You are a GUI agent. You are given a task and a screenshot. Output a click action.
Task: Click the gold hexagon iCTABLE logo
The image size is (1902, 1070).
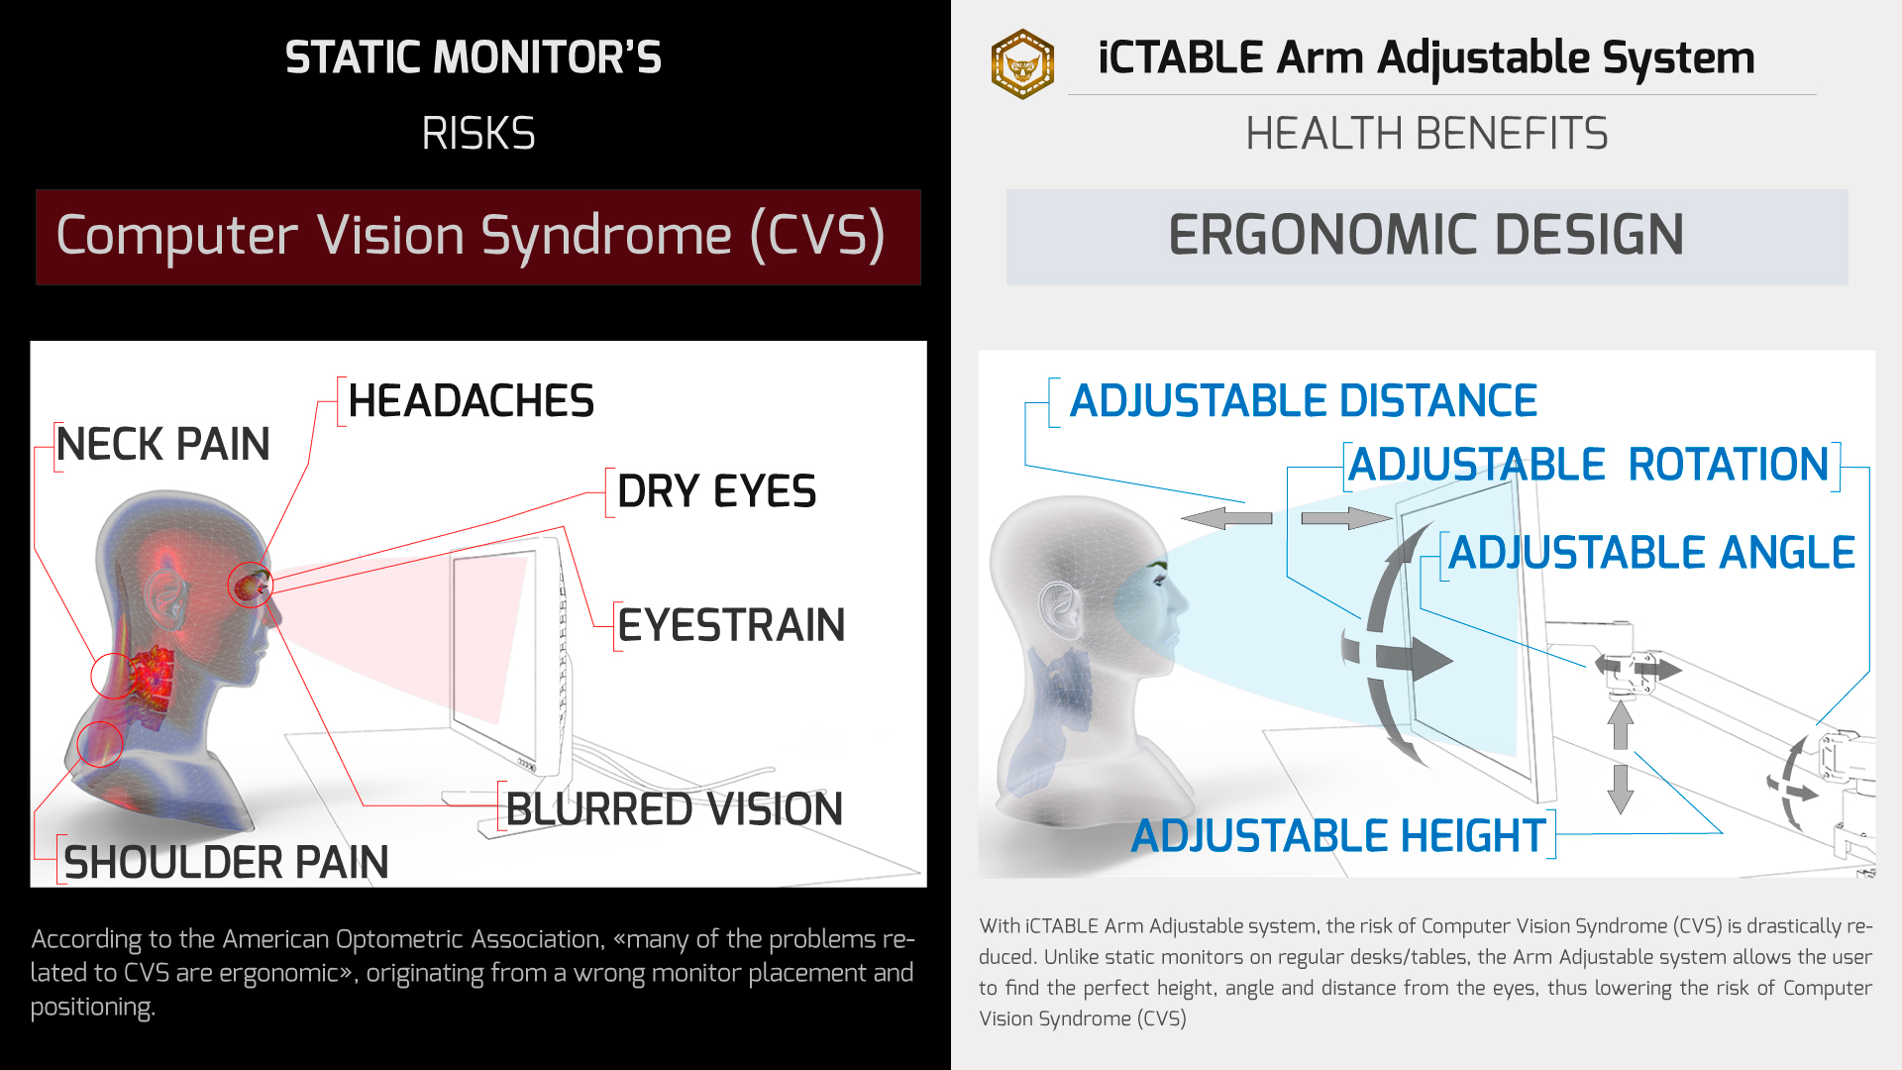tap(1022, 64)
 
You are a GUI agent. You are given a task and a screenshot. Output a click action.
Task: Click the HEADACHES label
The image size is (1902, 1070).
tap(471, 401)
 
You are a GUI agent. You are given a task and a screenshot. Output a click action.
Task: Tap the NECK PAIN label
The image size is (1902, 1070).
tap(162, 444)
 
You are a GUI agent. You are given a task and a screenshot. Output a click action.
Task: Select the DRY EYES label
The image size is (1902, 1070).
tap(716, 491)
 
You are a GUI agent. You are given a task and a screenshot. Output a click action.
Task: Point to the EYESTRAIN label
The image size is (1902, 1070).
tap(731, 625)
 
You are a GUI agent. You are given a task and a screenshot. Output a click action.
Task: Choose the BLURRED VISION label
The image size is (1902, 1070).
tap(674, 809)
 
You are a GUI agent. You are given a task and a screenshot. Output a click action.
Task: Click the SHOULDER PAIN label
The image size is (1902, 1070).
tap(226, 862)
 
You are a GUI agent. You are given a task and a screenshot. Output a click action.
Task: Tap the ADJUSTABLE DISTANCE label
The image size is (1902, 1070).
tap(1304, 401)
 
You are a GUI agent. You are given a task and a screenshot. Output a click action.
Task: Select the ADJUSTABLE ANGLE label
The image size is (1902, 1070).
tap(1651, 553)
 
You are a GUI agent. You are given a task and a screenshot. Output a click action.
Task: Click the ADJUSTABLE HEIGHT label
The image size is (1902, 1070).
tap(1338, 836)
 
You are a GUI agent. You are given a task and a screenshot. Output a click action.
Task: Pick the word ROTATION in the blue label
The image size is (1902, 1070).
tap(1729, 465)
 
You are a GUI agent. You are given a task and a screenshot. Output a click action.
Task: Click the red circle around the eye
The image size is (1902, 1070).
tap(250, 585)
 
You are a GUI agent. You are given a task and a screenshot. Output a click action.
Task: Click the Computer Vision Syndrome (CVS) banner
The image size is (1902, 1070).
tap(478, 237)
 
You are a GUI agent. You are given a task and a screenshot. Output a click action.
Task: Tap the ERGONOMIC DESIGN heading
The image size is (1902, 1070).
tap(1426, 236)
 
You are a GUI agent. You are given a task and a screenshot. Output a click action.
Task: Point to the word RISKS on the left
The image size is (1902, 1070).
tap(478, 134)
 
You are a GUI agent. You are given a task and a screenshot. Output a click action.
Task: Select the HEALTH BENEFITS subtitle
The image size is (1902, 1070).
tap(1426, 134)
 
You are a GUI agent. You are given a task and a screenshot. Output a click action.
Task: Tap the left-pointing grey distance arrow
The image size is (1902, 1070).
tap(1227, 518)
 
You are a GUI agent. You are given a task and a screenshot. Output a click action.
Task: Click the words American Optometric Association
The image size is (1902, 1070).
tap(412, 939)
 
